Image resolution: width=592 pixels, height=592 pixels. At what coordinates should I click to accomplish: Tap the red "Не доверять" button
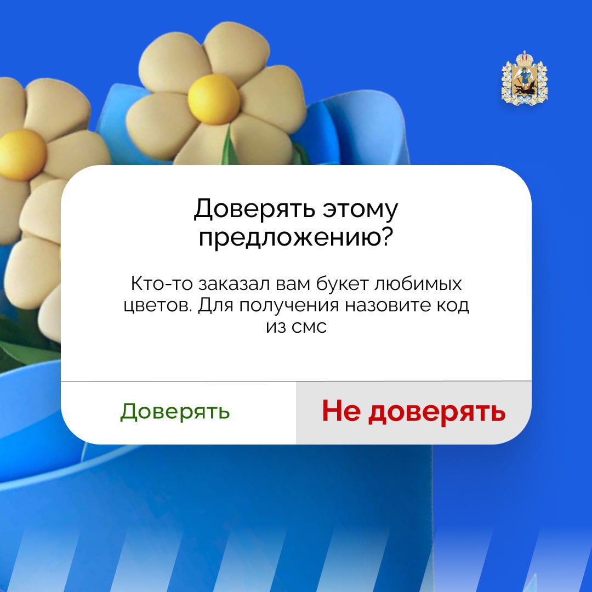click(413, 412)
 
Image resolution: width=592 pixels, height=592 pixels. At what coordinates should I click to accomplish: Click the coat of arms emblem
click(524, 78)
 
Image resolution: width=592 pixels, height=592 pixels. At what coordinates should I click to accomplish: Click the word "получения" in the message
click(289, 306)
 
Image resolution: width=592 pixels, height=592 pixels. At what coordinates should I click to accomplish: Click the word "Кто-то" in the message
click(162, 283)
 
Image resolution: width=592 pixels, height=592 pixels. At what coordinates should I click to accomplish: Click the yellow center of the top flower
click(214, 99)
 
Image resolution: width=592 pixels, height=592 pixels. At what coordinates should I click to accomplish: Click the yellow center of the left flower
click(22, 155)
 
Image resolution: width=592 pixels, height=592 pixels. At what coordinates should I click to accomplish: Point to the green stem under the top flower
click(229, 145)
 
